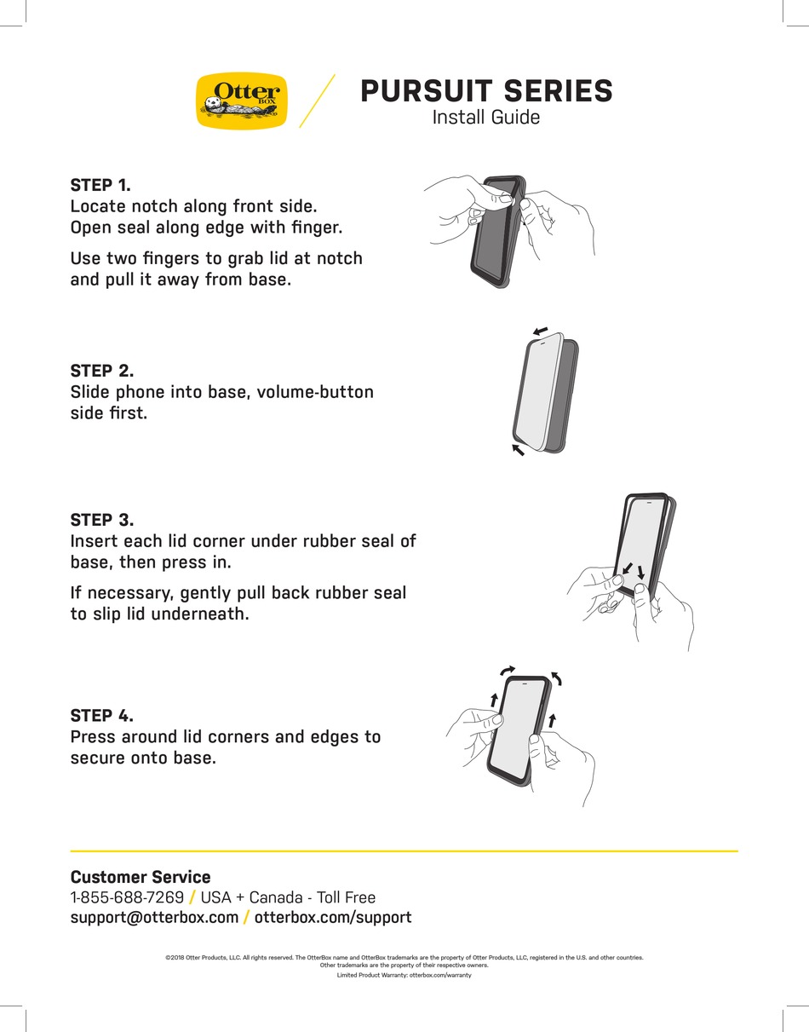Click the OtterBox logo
point(242,101)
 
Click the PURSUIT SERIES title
point(486,90)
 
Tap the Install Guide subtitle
point(485,118)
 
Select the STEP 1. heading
point(100,185)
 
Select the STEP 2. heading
point(102,371)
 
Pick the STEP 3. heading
point(102,520)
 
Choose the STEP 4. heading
point(102,715)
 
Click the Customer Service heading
point(141,877)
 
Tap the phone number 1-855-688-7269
point(127,897)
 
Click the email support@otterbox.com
point(154,918)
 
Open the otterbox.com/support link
point(333,918)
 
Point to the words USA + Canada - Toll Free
point(288,897)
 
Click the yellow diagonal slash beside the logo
point(317,101)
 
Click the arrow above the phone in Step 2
point(539,330)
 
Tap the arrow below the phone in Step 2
point(518,449)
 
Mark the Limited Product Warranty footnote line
point(404,975)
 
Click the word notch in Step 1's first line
point(155,206)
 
